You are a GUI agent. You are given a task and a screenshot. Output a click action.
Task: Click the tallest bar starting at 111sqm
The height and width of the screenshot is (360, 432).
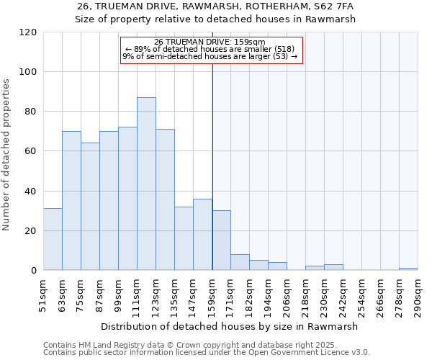pos(146,184)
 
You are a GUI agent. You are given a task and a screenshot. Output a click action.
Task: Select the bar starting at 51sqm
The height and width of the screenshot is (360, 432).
pos(53,240)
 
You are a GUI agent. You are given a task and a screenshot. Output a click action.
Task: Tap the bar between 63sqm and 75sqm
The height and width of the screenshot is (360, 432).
pos(71,201)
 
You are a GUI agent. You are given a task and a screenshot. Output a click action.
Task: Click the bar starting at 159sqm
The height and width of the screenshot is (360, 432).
pos(222,240)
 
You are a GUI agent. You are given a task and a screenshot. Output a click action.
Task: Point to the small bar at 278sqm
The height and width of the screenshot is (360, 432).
pos(408,269)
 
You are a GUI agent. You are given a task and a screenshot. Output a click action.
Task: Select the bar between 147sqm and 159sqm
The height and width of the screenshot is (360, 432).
pos(202,235)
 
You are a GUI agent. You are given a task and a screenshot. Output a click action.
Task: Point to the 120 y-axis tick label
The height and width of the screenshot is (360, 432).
pos(28,32)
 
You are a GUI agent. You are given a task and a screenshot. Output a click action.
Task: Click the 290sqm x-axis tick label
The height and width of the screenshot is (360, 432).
pos(418,294)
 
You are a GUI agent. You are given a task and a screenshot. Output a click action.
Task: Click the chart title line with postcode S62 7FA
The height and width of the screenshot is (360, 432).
pos(215,6)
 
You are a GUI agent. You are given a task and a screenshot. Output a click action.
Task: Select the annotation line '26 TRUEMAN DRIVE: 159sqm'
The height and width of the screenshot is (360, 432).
pos(210,42)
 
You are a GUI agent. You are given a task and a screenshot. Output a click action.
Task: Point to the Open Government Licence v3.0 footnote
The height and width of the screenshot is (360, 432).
pos(207,352)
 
